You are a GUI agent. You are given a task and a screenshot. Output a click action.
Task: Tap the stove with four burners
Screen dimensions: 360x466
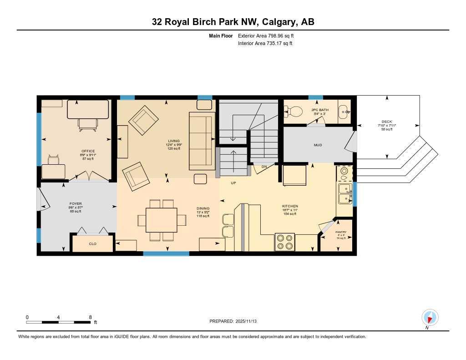(284, 242)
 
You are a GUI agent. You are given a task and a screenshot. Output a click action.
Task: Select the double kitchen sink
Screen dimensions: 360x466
(344, 193)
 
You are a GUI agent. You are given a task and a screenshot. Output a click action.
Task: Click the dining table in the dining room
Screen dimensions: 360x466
(162, 220)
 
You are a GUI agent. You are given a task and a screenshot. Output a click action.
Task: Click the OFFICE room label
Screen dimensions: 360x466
(88, 151)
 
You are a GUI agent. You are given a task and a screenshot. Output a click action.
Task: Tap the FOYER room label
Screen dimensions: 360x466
(76, 204)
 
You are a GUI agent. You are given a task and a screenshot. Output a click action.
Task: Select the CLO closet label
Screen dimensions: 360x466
(92, 244)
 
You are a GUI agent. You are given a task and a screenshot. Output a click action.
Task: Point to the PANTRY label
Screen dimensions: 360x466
(341, 232)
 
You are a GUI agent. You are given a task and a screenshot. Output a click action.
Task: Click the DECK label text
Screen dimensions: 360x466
(387, 122)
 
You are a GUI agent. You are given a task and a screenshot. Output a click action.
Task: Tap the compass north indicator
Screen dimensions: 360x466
(430, 317)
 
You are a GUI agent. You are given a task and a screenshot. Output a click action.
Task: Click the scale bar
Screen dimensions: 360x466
(58, 322)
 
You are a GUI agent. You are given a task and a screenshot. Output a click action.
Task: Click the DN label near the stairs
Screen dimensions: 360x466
(264, 167)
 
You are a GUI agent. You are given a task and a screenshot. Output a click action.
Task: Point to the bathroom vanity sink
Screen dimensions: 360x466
(344, 111)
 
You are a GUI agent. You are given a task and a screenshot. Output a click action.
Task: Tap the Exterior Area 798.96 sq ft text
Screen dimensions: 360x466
(269, 35)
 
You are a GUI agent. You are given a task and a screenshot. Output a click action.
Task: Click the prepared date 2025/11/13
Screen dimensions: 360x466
(236, 321)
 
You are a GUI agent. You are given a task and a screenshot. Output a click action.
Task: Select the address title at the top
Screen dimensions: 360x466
(233, 22)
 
